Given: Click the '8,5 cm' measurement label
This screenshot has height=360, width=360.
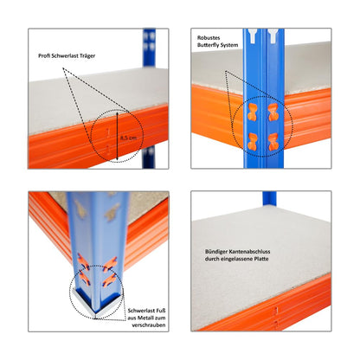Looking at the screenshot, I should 128,137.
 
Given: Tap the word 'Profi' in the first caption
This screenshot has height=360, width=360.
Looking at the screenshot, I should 45,56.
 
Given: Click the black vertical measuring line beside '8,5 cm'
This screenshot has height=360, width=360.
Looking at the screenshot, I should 116,137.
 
